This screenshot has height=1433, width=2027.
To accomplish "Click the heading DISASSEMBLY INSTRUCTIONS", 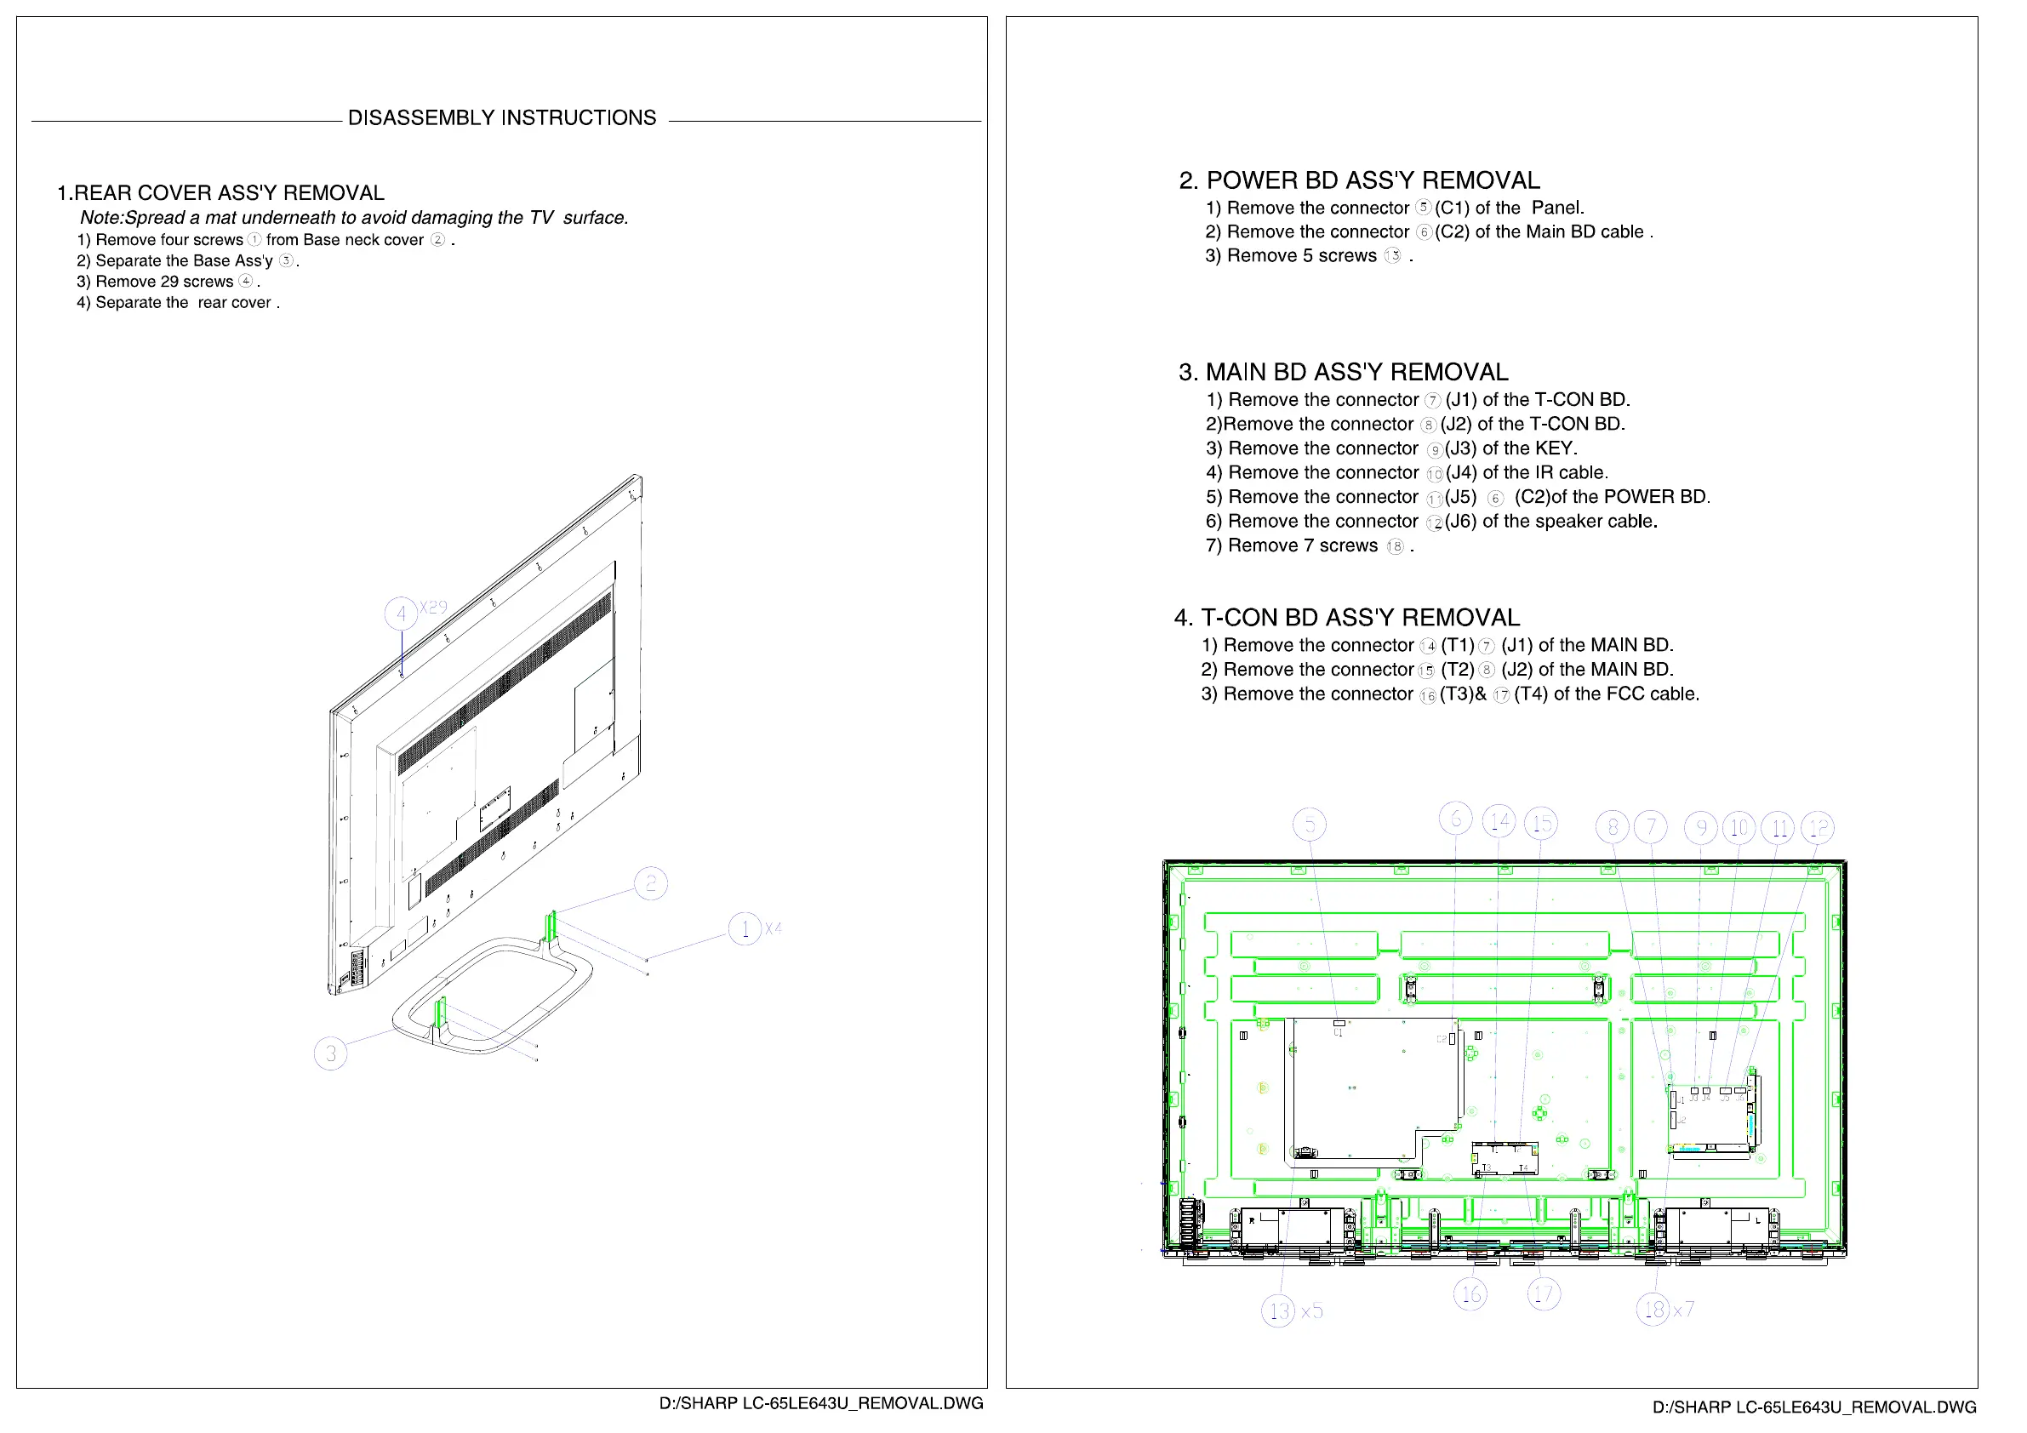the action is (501, 118).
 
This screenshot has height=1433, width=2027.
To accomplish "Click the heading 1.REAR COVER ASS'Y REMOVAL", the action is (220, 193).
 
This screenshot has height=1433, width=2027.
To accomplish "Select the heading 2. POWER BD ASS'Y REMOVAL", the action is (1359, 181).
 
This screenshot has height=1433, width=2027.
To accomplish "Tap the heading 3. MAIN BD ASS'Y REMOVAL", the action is (1343, 373).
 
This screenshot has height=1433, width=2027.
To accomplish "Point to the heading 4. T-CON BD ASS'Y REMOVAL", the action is (1346, 618).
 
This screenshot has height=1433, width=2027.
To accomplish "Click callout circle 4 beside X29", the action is (401, 614).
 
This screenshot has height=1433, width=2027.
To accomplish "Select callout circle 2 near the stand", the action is (651, 883).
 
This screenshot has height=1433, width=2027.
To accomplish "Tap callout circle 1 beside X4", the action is (745, 929).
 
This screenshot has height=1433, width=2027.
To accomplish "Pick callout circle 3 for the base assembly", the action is (330, 1053).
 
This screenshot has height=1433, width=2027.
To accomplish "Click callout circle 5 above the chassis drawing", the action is (1310, 825).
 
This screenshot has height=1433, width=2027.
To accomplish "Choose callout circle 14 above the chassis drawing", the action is (1499, 822).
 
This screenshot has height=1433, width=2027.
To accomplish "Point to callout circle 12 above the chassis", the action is (1817, 827).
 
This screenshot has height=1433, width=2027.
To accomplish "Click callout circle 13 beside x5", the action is (1277, 1311).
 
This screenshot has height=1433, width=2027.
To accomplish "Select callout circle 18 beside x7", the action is (1653, 1310).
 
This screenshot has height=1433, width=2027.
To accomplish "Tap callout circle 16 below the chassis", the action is (1470, 1294).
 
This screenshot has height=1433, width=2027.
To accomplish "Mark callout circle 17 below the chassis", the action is (1543, 1294).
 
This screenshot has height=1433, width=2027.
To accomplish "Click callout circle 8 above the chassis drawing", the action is (1612, 827).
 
